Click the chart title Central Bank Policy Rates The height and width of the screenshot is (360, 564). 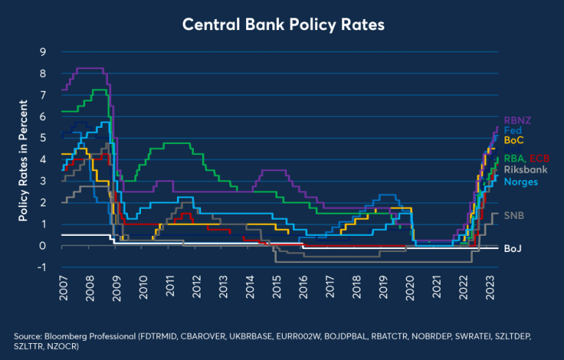[x=282, y=24]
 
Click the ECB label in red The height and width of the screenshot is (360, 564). [x=538, y=159]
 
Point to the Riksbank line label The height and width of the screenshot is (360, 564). [x=525, y=170]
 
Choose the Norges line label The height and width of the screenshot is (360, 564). [x=520, y=181]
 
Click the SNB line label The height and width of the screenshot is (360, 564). [x=513, y=215]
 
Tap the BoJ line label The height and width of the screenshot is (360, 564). [x=512, y=249]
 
